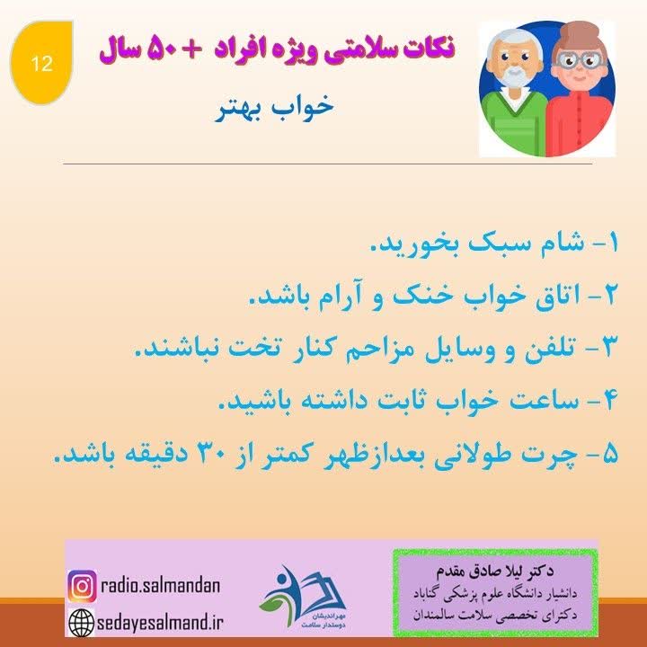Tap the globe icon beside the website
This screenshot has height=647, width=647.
[82, 620]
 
